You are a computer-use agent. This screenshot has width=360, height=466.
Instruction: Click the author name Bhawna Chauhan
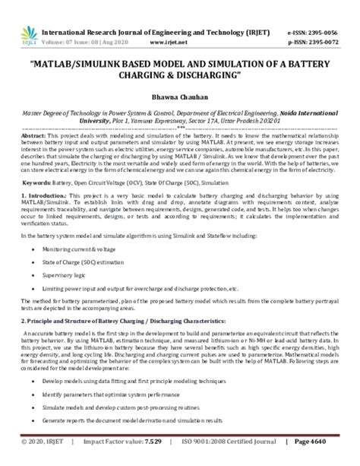[180, 99]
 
